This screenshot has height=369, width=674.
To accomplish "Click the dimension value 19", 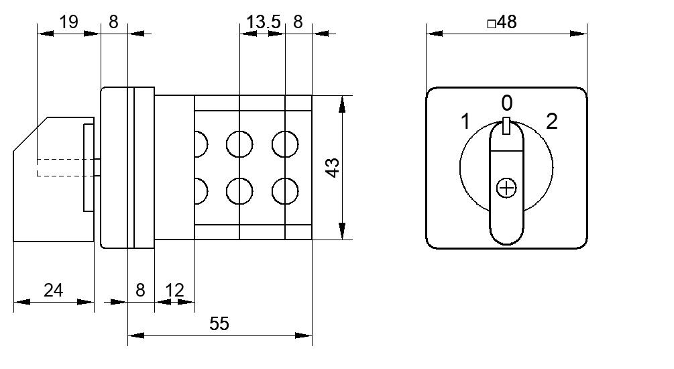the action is (x=69, y=21).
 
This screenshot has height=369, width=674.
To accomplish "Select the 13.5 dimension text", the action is (x=263, y=22).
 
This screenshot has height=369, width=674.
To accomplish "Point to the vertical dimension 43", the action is (x=333, y=168).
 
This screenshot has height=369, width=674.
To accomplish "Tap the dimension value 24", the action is (x=53, y=291).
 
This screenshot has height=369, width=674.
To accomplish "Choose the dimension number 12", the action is (x=174, y=291).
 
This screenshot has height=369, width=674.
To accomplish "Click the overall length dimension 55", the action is (x=219, y=323).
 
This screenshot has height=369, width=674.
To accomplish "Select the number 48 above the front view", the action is (x=507, y=22).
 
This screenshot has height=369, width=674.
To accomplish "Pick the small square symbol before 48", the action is (x=492, y=24).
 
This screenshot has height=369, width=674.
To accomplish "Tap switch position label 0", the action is (x=507, y=103).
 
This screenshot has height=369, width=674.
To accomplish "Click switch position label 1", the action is (x=465, y=121).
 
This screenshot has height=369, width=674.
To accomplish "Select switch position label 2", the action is (x=552, y=121).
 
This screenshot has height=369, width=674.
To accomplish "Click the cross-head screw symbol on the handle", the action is (x=506, y=188).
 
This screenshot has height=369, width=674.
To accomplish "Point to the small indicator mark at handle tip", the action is (x=506, y=125).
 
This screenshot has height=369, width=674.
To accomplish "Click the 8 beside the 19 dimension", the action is (x=113, y=21).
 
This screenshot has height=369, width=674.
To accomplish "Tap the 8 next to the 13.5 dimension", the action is (x=298, y=22).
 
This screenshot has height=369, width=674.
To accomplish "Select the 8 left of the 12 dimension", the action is (x=140, y=291).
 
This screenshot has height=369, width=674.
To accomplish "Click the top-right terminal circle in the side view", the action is (x=285, y=144).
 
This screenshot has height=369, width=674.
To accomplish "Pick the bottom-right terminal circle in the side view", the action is (x=285, y=191).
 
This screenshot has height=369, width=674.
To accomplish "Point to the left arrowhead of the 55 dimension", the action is (x=136, y=335).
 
